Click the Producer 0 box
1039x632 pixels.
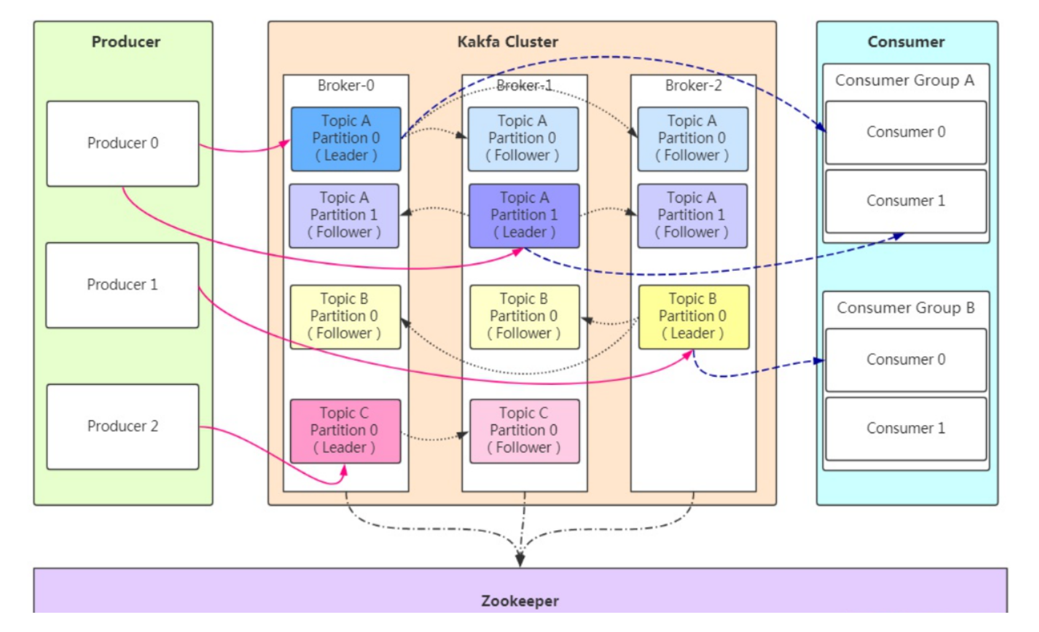click(x=122, y=144)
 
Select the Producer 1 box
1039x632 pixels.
click(x=122, y=285)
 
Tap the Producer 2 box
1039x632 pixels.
click(x=122, y=426)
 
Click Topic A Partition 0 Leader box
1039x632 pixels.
click(x=346, y=139)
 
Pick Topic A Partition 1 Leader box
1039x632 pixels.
click(x=524, y=216)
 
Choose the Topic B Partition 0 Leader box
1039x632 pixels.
click(x=693, y=317)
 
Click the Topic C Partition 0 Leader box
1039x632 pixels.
click(x=345, y=431)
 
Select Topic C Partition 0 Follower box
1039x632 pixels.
click(x=524, y=431)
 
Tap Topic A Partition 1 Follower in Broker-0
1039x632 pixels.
click(x=344, y=216)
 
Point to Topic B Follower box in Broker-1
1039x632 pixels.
click(x=524, y=317)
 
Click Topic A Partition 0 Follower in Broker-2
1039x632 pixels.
click(x=692, y=139)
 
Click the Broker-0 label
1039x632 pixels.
click(x=346, y=85)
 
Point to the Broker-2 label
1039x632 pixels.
click(x=693, y=85)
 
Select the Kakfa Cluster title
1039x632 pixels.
click(x=507, y=42)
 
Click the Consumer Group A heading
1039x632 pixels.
click(x=904, y=80)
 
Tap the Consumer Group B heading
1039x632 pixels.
click(x=905, y=308)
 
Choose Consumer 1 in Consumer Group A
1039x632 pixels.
click(x=905, y=201)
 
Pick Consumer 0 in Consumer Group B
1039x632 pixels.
click(x=905, y=360)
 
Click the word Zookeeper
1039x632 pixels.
click(x=520, y=601)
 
